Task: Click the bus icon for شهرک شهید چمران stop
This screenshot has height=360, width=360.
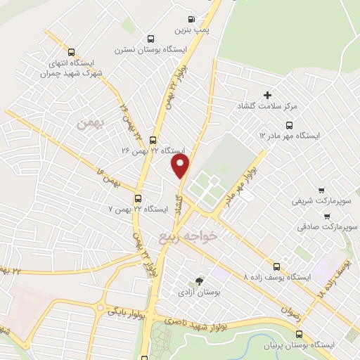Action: point(70,51)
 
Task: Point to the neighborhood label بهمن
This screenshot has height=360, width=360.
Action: point(91,124)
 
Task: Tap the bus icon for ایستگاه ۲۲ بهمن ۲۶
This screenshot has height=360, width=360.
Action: point(153,141)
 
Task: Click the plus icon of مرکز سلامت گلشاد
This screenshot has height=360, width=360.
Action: point(266,95)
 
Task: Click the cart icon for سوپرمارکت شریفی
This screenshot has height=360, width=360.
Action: point(321,190)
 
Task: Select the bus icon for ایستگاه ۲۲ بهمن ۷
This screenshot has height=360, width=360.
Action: point(138,198)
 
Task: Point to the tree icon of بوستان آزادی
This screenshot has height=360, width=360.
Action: point(199,281)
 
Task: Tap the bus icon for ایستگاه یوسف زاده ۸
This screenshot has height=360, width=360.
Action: point(277,266)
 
